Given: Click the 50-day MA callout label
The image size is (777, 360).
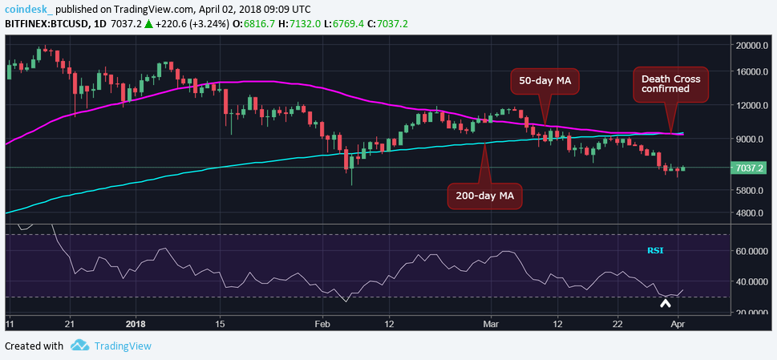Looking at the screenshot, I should click(546, 80).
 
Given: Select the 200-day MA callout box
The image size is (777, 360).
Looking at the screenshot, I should click(484, 195).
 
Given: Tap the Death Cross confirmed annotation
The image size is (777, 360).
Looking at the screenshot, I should click(670, 84).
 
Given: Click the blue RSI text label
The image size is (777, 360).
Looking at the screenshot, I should click(655, 251).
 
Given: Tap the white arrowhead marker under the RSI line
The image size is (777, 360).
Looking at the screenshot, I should click(665, 302).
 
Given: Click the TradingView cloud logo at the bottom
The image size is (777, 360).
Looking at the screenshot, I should click(79, 346).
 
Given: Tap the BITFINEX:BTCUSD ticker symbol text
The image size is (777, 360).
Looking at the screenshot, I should click(47, 24).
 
